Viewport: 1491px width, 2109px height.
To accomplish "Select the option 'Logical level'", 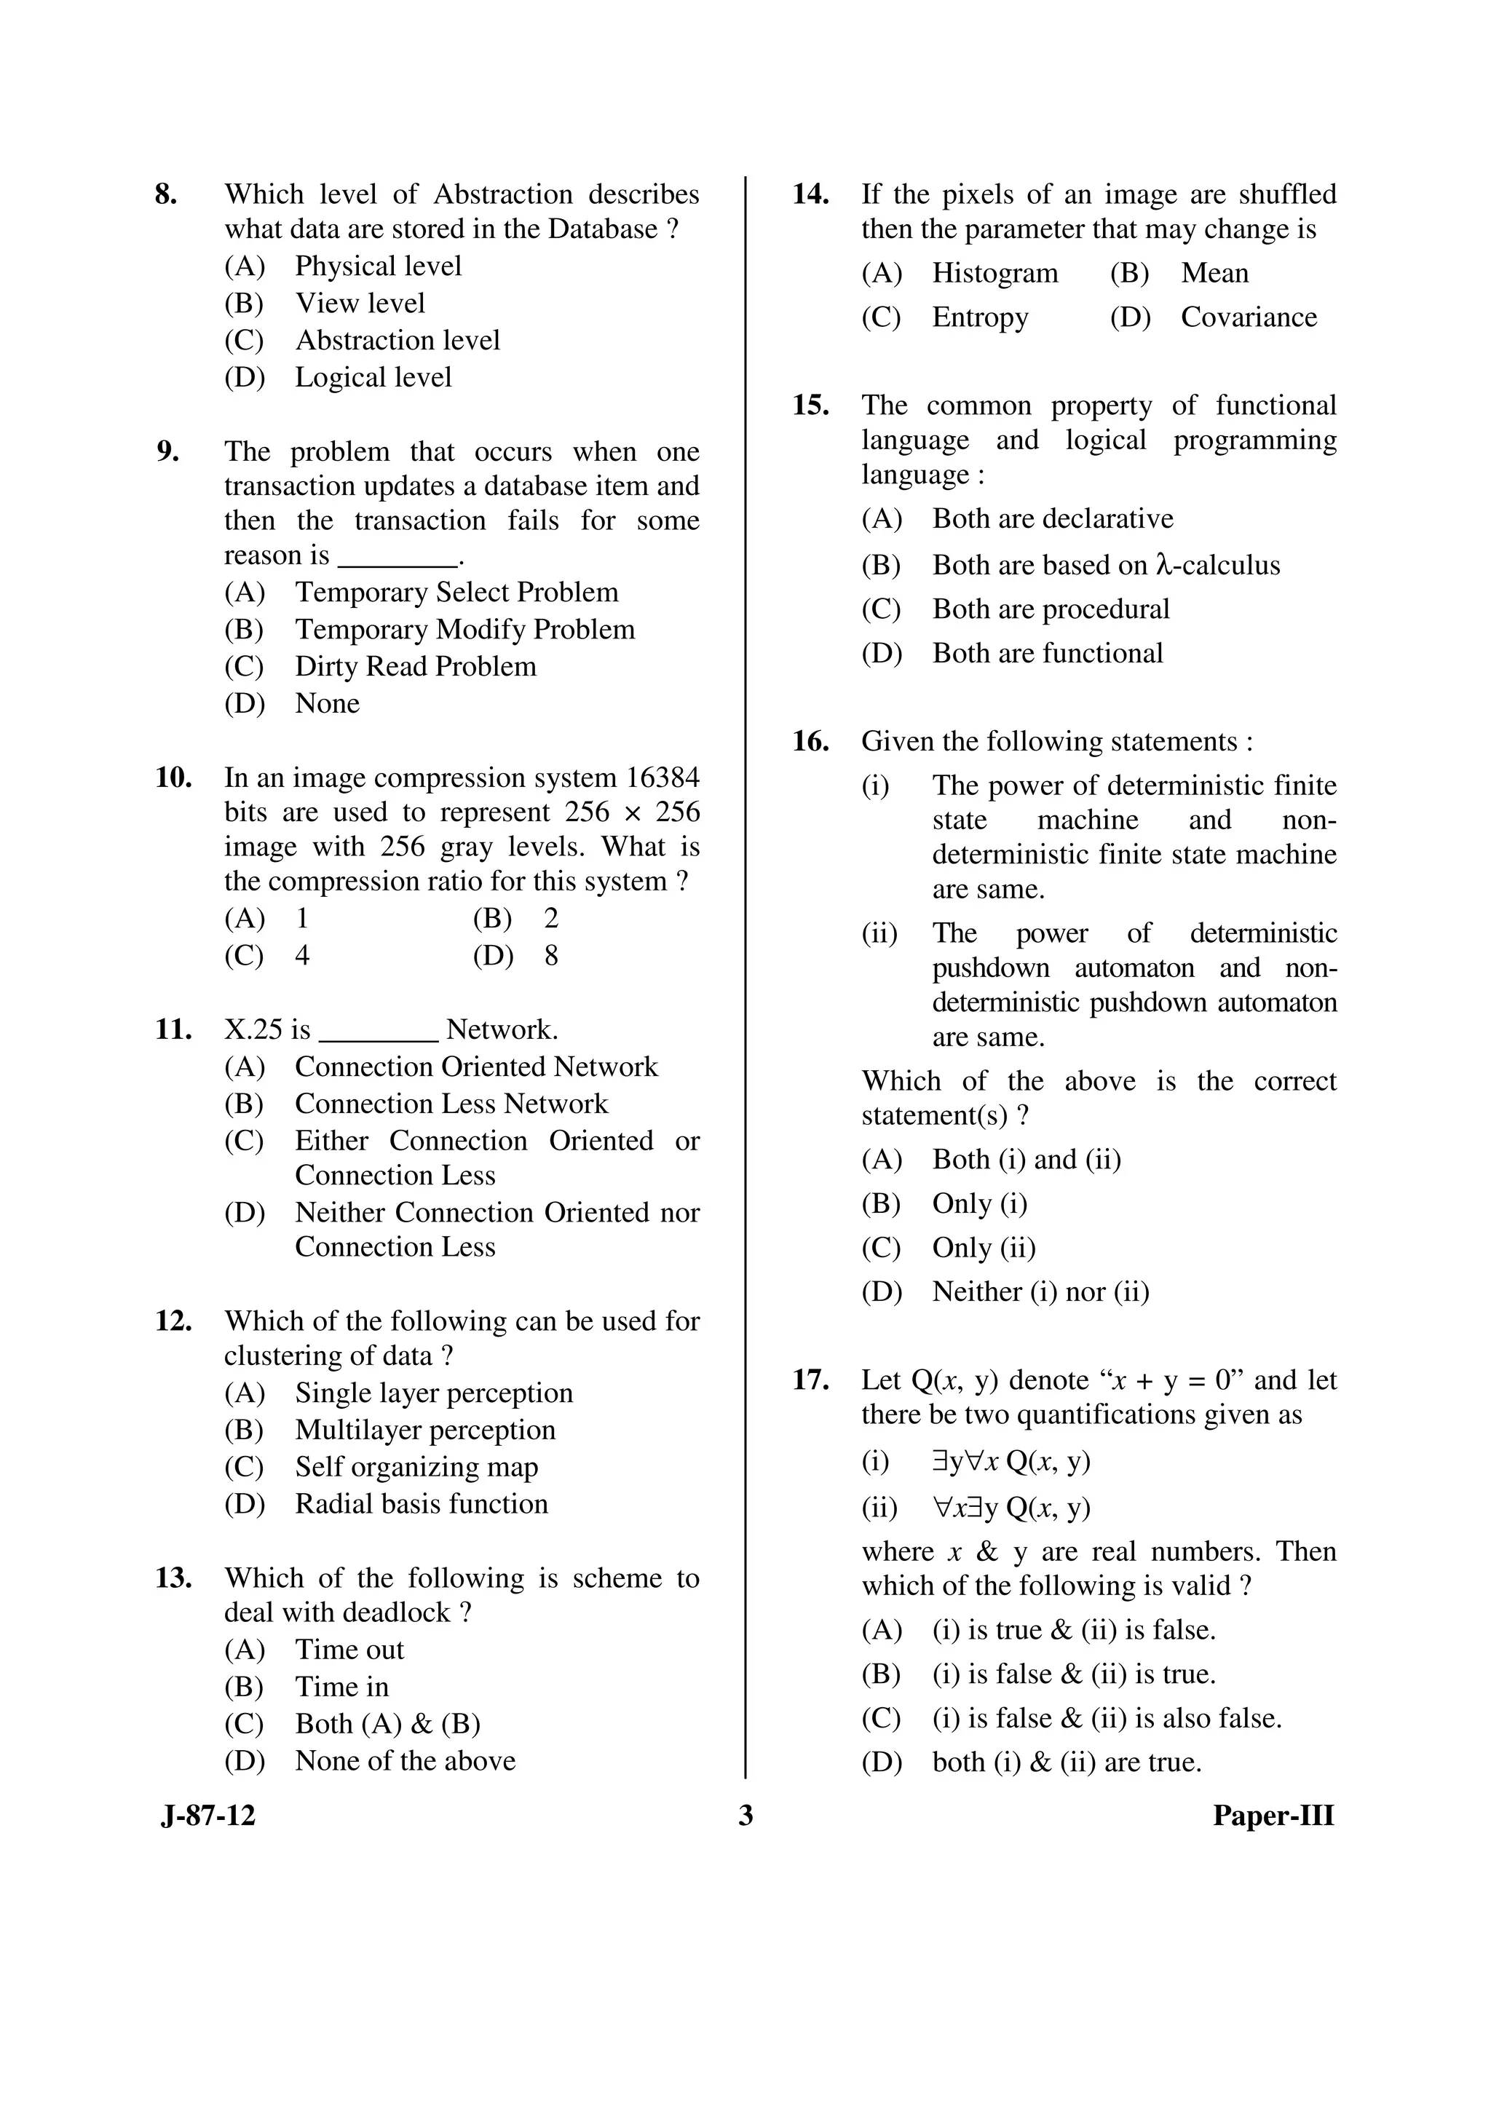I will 372,378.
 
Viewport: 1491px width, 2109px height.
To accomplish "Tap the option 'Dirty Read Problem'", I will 415,667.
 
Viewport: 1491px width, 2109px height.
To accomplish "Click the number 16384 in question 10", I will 662,778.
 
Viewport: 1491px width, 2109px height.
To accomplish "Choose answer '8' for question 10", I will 550,956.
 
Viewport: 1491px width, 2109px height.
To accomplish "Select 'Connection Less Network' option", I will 451,1104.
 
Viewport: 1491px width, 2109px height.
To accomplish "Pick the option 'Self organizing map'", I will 416,1467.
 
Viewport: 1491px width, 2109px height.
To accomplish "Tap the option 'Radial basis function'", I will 421,1504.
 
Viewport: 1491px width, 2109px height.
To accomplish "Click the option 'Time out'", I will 349,1650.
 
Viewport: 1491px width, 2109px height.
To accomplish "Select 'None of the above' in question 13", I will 405,1761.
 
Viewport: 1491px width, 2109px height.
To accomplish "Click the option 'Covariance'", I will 1248,318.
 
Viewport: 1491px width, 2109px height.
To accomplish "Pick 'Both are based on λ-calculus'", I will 1105,565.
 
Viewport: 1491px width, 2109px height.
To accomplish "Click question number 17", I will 810,1380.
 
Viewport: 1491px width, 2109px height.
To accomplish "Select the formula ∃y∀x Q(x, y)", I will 1011,1461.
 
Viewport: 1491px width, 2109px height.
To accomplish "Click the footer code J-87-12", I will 207,1817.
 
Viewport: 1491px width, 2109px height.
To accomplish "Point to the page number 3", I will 745,1817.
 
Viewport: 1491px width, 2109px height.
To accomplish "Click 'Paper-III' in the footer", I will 1273,1817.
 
